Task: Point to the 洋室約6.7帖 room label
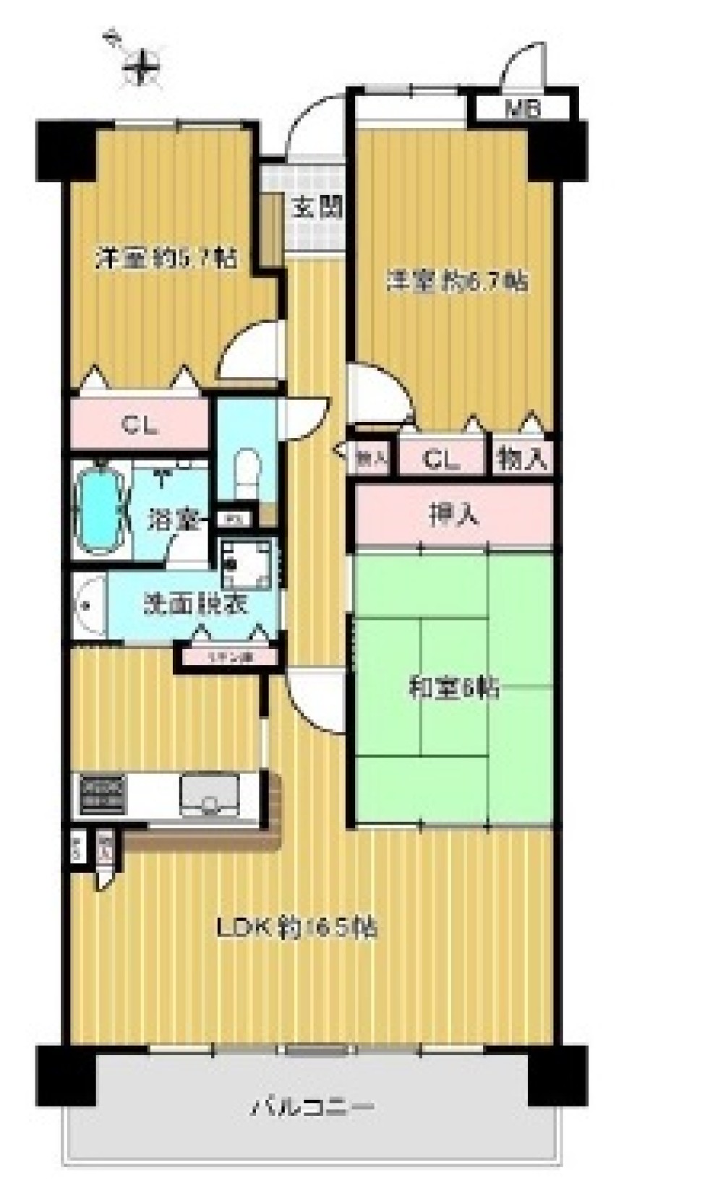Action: pyautogui.click(x=457, y=280)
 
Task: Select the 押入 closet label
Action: pyautogui.click(x=453, y=515)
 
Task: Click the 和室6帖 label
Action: pyautogui.click(x=453, y=689)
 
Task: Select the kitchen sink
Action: pyautogui.click(x=210, y=796)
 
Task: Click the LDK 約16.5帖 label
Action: pyautogui.click(x=297, y=927)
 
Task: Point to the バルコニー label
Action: pyautogui.click(x=312, y=1106)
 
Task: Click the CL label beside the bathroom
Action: pyautogui.click(x=140, y=426)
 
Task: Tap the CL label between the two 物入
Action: pyautogui.click(x=441, y=458)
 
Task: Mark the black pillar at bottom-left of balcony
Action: pyautogui.click(x=67, y=1075)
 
